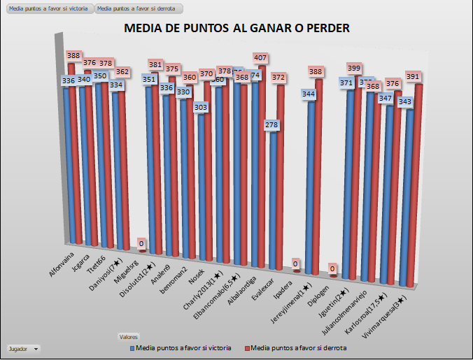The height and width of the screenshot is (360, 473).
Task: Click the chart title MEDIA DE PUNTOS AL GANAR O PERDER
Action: tap(236, 29)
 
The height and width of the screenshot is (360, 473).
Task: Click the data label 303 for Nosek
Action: tap(201, 107)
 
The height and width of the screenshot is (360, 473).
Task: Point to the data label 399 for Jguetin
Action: tap(355, 68)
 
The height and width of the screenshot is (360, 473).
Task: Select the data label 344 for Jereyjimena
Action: tap(309, 94)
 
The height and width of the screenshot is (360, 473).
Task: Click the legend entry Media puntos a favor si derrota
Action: tap(298, 347)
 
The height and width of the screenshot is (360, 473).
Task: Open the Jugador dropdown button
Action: tap(22, 347)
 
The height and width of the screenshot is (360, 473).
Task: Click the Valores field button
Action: tap(129, 336)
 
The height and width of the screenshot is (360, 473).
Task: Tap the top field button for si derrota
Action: tap(139, 9)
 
